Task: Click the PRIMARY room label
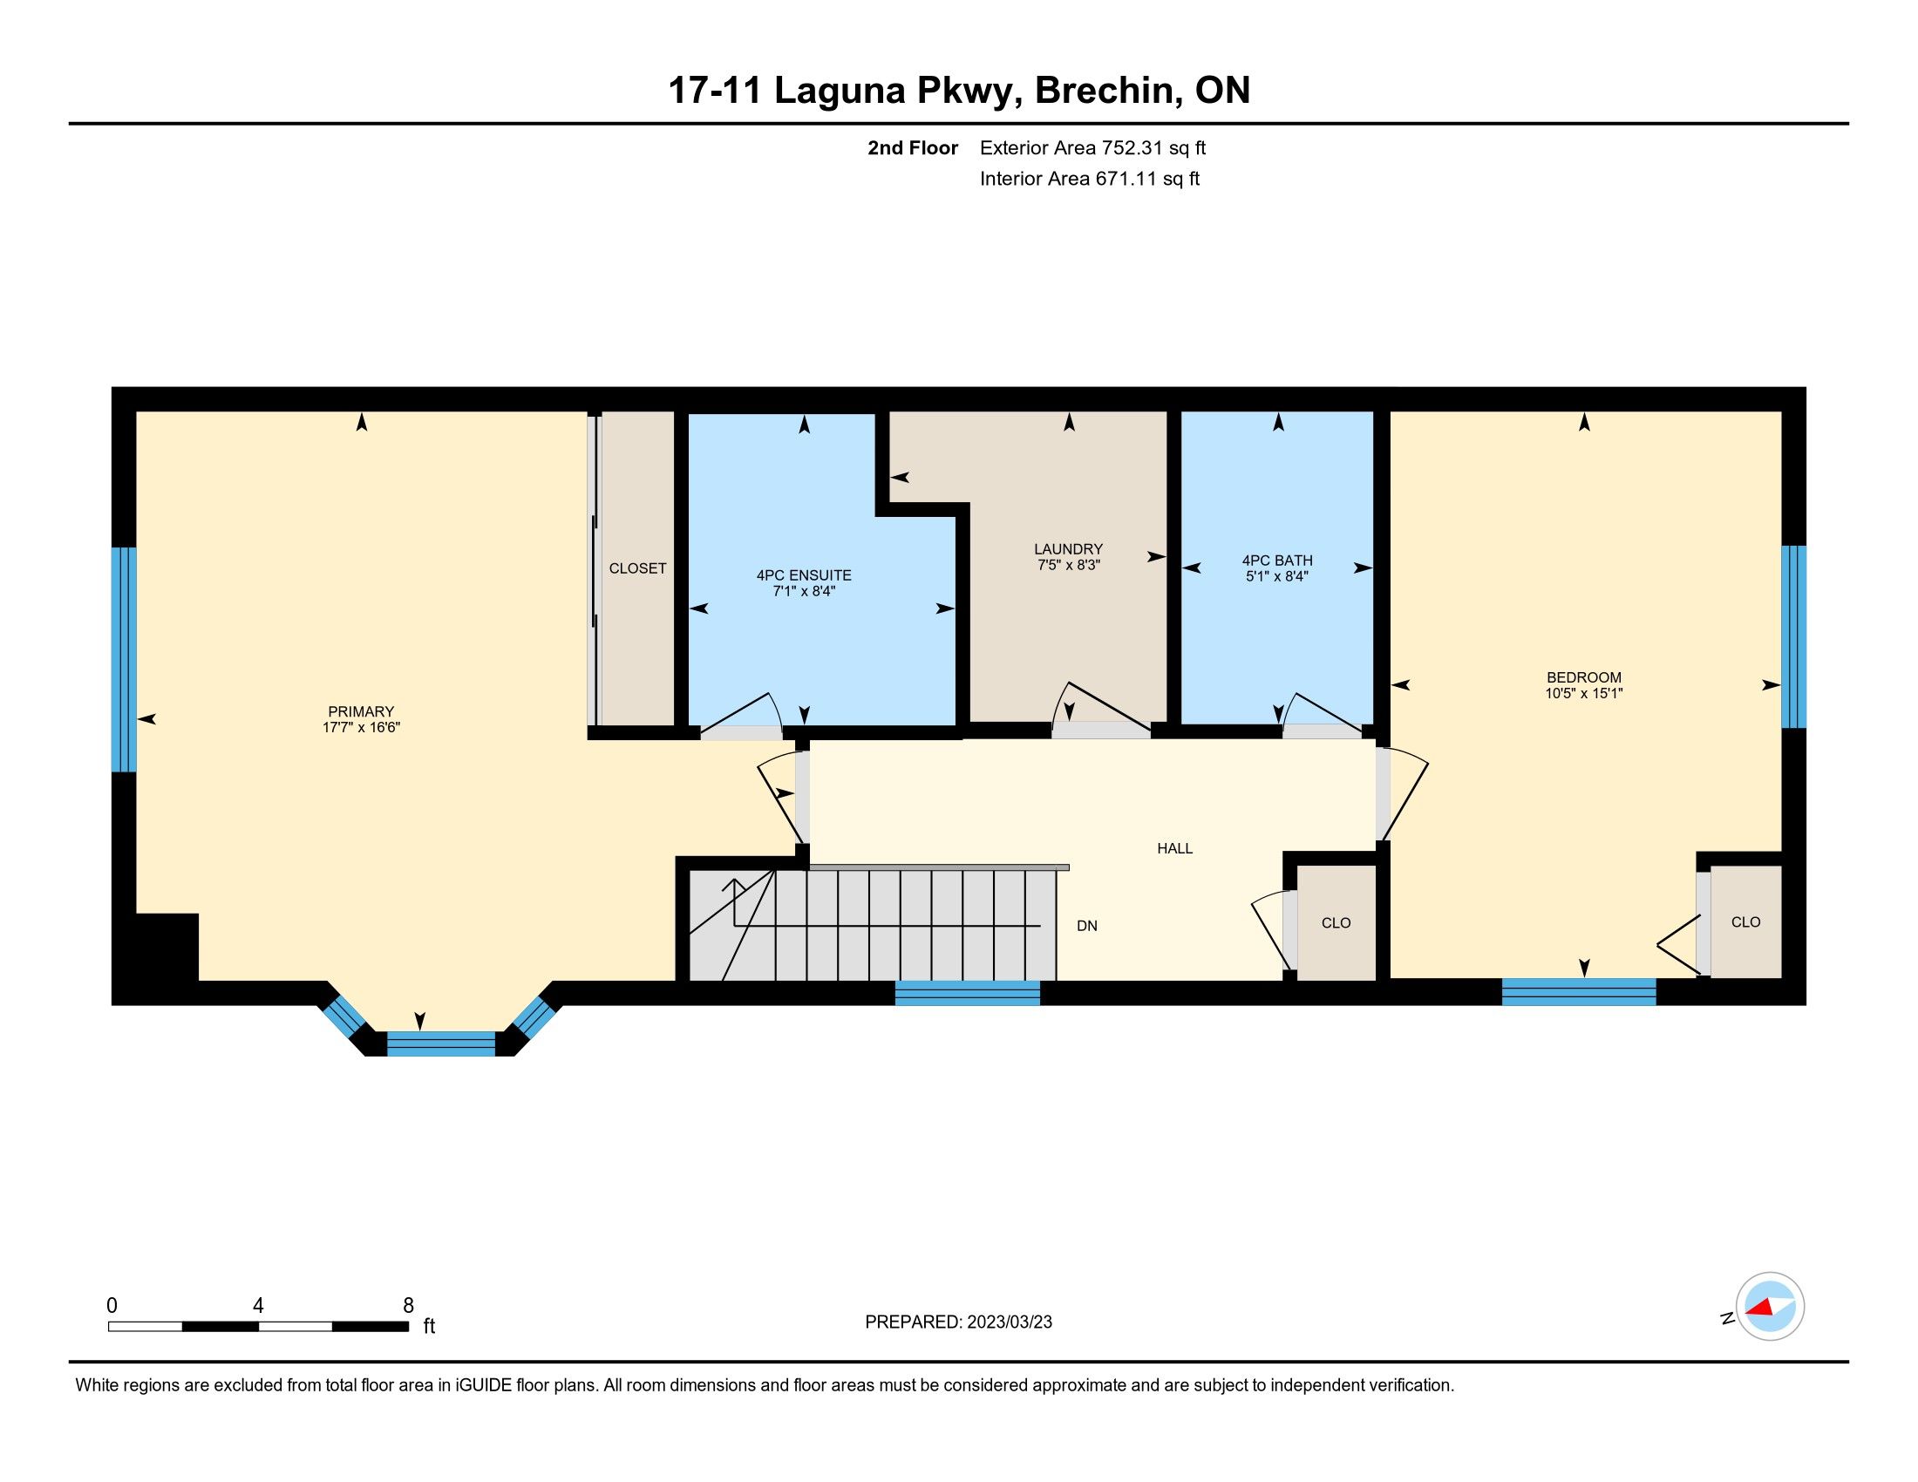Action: click(x=361, y=711)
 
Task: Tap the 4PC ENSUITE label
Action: click(x=804, y=575)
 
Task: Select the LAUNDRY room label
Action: click(x=1068, y=549)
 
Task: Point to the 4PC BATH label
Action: click(x=1277, y=561)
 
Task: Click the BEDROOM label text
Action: click(x=1583, y=676)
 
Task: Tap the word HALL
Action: click(x=1174, y=848)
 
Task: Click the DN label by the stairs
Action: click(x=1087, y=925)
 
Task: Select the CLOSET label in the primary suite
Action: click(x=637, y=568)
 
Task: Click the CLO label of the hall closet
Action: click(x=1336, y=922)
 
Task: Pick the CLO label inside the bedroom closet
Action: click(x=1745, y=921)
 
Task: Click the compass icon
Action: click(x=1770, y=1306)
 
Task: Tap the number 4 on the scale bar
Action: click(x=258, y=1306)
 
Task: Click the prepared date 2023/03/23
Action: click(x=1009, y=1322)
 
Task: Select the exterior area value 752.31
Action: click(x=1132, y=148)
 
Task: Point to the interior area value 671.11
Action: click(x=1125, y=179)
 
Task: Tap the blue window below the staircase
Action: click(x=967, y=993)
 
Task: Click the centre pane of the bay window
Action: click(x=441, y=1044)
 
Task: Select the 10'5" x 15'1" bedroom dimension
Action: click(x=1583, y=693)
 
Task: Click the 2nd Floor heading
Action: click(x=913, y=148)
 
